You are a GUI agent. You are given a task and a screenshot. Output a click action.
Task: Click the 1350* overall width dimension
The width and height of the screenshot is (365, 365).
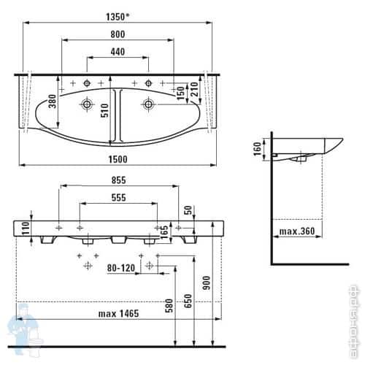click(x=118, y=17)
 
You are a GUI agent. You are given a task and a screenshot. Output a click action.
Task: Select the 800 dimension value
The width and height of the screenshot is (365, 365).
click(x=118, y=34)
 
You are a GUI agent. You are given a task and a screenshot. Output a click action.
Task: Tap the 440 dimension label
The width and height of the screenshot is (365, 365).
click(x=118, y=52)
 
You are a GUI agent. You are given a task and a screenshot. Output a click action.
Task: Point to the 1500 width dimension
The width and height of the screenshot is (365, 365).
click(x=118, y=159)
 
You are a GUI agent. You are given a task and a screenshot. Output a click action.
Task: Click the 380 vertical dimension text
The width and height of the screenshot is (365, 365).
click(x=53, y=101)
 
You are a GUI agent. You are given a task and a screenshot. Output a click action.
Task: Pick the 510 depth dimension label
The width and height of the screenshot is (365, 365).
click(x=105, y=110)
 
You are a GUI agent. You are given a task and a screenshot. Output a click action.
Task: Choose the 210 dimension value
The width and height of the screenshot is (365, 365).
click(x=195, y=89)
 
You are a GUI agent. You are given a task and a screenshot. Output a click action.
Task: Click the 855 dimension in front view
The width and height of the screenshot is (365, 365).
click(x=119, y=180)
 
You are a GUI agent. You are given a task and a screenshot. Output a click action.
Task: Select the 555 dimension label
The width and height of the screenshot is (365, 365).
click(x=119, y=198)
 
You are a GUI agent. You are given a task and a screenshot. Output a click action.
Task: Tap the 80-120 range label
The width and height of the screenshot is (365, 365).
click(x=121, y=268)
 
